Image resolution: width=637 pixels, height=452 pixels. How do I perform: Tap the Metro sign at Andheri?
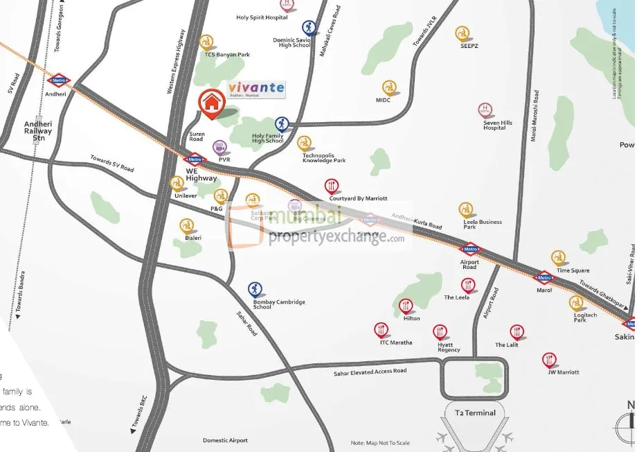59,80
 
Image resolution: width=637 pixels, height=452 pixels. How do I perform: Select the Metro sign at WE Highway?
195,159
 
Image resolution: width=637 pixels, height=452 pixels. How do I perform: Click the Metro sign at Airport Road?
470,250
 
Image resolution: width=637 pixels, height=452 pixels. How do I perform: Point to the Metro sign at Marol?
544,278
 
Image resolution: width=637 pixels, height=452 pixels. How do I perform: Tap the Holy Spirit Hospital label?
261,17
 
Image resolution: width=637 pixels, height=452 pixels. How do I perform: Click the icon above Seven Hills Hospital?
485,110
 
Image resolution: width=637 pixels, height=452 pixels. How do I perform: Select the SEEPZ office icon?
463,33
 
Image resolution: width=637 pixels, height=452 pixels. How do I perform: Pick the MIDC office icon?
390,87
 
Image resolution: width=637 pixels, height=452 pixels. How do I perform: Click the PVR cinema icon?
220,146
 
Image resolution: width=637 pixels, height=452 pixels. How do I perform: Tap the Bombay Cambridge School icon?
255,288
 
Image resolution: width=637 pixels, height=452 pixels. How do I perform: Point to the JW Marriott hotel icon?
550,359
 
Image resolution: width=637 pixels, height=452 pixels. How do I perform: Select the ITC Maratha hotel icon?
381,329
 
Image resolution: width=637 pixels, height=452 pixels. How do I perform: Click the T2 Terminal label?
475,413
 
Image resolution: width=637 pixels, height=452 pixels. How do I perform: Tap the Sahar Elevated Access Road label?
370,372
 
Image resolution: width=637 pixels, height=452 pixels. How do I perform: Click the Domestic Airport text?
225,440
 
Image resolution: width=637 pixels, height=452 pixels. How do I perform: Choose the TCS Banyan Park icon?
206,42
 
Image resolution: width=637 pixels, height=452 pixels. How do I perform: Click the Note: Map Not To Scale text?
380,443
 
